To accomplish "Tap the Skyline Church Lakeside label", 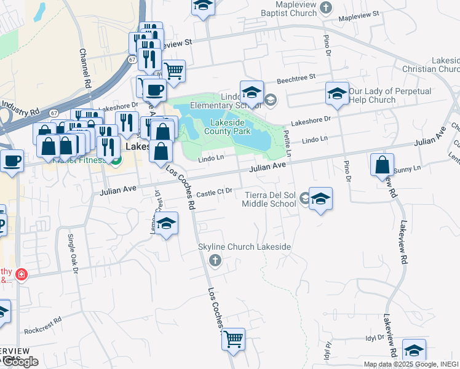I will click(x=244, y=247).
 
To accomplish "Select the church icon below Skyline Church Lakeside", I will click(x=215, y=261).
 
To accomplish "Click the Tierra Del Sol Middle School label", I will click(x=271, y=199).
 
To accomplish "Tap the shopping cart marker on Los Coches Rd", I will click(x=233, y=339).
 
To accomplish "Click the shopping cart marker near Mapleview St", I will click(x=174, y=71).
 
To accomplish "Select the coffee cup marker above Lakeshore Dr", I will click(x=154, y=91).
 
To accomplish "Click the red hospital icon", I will click(x=22, y=274).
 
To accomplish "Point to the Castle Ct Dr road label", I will click(x=214, y=192).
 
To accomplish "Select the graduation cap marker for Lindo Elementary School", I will click(x=252, y=93).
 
